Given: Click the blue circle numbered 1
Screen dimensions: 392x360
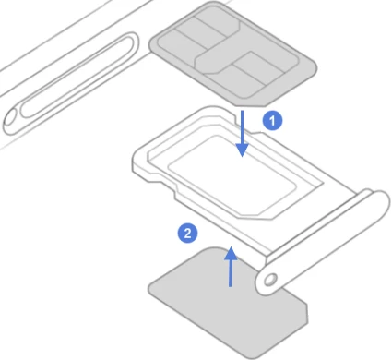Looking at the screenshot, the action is (272, 121).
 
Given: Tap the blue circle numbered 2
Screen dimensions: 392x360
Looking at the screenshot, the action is (187, 233).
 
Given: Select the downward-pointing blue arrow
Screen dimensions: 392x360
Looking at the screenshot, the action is (243, 134).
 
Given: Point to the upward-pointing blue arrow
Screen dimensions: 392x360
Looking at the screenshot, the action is (231, 267).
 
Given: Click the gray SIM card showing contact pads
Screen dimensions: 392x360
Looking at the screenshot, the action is (232, 54).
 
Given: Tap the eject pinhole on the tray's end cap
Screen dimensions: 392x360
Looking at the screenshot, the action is (270, 280).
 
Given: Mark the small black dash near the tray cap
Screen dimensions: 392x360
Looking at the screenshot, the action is (358, 198).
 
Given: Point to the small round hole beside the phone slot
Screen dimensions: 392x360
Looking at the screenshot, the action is (9, 119).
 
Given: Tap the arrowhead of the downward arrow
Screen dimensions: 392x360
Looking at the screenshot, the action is (243, 150).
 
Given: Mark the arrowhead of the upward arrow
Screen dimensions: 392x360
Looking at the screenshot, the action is (231, 253).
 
